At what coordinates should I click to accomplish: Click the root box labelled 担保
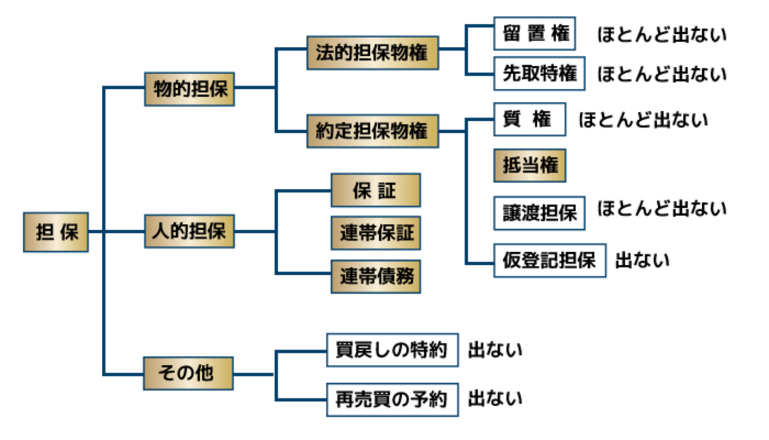tap(56, 232)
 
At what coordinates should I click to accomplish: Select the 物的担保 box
tap(189, 89)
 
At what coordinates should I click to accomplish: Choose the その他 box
tap(189, 374)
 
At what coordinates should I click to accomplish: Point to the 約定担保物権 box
tap(373, 130)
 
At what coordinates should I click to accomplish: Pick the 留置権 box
tap(535, 34)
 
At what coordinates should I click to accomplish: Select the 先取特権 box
tap(539, 73)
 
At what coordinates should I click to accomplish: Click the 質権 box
tap(530, 120)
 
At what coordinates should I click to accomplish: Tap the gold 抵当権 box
tap(530, 166)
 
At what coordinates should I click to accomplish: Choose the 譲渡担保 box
tap(539, 213)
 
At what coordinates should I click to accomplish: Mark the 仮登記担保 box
tap(550, 260)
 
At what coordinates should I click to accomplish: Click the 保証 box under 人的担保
tap(376, 190)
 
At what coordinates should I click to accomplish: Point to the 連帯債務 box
tap(376, 276)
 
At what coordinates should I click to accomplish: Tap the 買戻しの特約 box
tap(393, 350)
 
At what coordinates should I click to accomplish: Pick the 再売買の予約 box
tap(393, 399)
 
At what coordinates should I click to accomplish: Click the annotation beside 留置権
tap(661, 35)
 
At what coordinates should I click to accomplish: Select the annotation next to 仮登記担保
tap(642, 260)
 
